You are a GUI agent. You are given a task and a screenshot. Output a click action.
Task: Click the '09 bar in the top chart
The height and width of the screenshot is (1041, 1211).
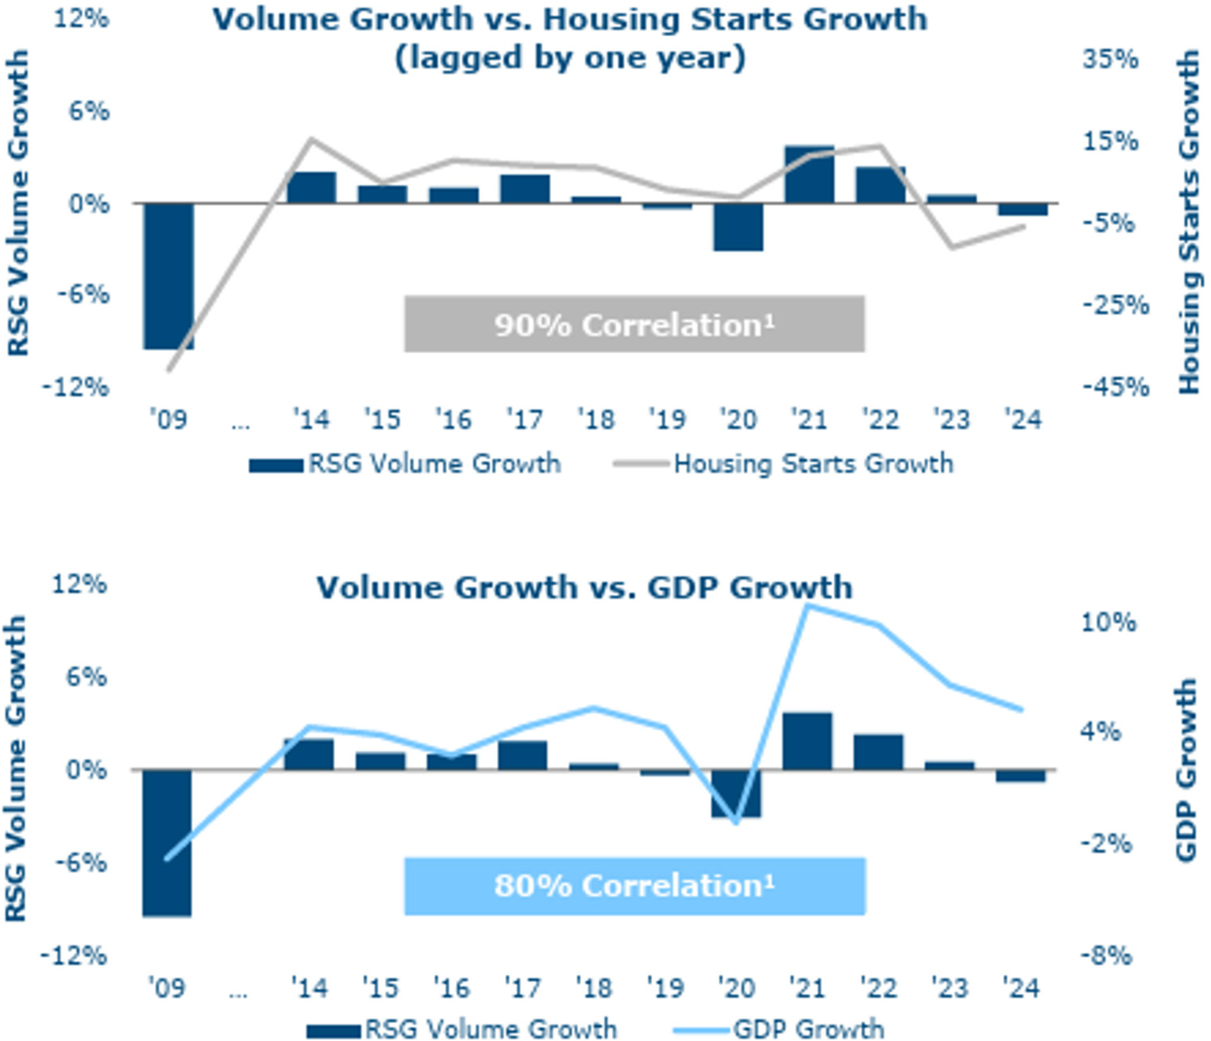click(168, 276)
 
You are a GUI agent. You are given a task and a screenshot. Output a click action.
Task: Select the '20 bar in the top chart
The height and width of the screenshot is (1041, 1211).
click(738, 226)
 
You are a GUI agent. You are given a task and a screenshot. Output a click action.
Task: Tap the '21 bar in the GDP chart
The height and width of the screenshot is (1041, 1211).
click(807, 740)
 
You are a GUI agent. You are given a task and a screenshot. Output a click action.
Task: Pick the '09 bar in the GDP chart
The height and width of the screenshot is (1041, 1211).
click(167, 842)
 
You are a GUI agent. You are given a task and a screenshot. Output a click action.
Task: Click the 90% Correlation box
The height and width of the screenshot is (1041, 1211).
click(634, 324)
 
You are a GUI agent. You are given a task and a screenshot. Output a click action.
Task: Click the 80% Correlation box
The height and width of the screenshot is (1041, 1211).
click(634, 885)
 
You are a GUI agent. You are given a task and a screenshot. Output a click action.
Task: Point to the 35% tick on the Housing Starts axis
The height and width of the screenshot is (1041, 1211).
click(1110, 59)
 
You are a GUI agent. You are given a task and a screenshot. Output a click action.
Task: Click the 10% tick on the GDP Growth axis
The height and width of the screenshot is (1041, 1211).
click(1108, 623)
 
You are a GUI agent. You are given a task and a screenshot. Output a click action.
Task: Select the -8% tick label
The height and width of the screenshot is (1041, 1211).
click(1106, 956)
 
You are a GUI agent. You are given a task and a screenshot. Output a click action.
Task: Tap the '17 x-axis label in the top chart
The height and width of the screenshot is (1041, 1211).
click(524, 419)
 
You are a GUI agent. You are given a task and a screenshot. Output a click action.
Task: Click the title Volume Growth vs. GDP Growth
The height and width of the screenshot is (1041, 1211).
click(584, 587)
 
